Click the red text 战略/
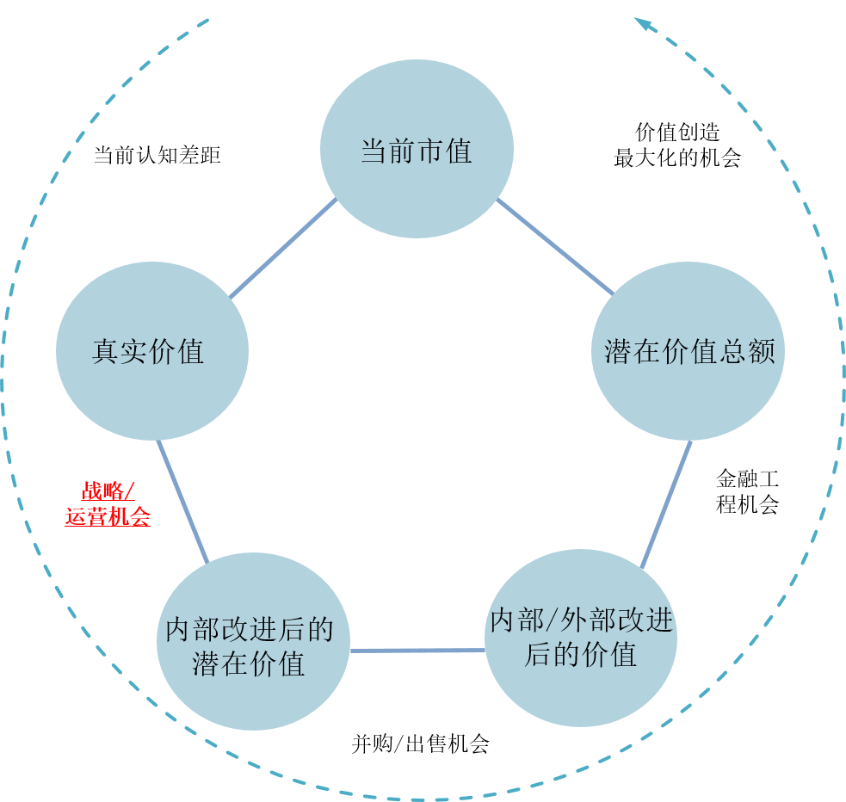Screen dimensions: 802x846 pos(108,491)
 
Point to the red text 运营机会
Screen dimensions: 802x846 pos(108,517)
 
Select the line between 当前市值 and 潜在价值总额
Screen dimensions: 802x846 pos(555,247)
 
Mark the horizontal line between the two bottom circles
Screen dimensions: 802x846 pos(417,650)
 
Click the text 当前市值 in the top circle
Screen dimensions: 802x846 pos(417,152)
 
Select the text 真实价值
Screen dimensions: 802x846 pos(148,352)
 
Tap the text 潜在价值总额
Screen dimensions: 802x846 pos(689,351)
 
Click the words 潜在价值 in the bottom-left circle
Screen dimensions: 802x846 pos(249,664)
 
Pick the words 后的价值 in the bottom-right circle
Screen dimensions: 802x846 pos(580,655)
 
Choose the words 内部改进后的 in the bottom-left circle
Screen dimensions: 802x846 pos(250,629)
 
